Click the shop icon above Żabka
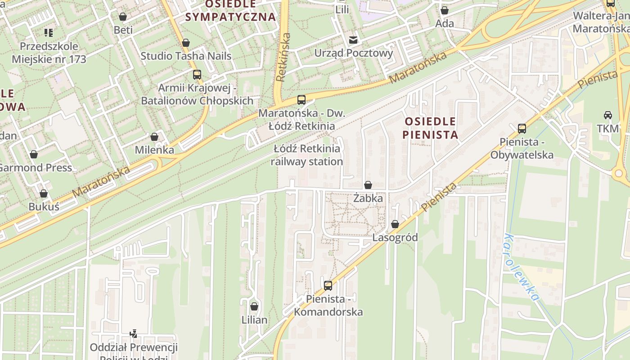pos(368,185)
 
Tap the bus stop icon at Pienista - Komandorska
pos(328,285)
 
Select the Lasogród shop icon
pos(395,224)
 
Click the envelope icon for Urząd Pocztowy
pos(354,40)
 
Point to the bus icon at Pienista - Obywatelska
pos(522,129)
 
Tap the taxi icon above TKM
pos(608,115)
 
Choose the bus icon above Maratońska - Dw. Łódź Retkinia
pos(301,100)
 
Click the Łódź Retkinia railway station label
pos(307,155)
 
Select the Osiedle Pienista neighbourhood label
pos(430,128)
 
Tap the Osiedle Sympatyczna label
pos(230,11)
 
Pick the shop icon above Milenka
pos(154,137)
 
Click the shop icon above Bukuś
pos(44,194)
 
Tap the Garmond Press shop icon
pos(34,155)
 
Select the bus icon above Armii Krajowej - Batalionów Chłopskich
pos(197,75)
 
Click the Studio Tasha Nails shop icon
pos(186,43)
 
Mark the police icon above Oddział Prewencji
pos(133,334)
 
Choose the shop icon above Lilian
pos(254,307)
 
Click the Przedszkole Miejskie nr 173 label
pos(49,53)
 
